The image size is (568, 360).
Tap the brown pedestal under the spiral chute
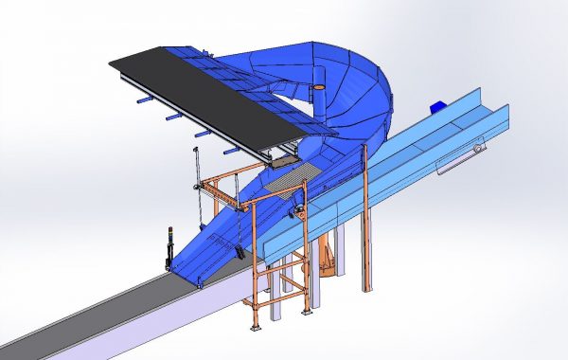tap(328, 260)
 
